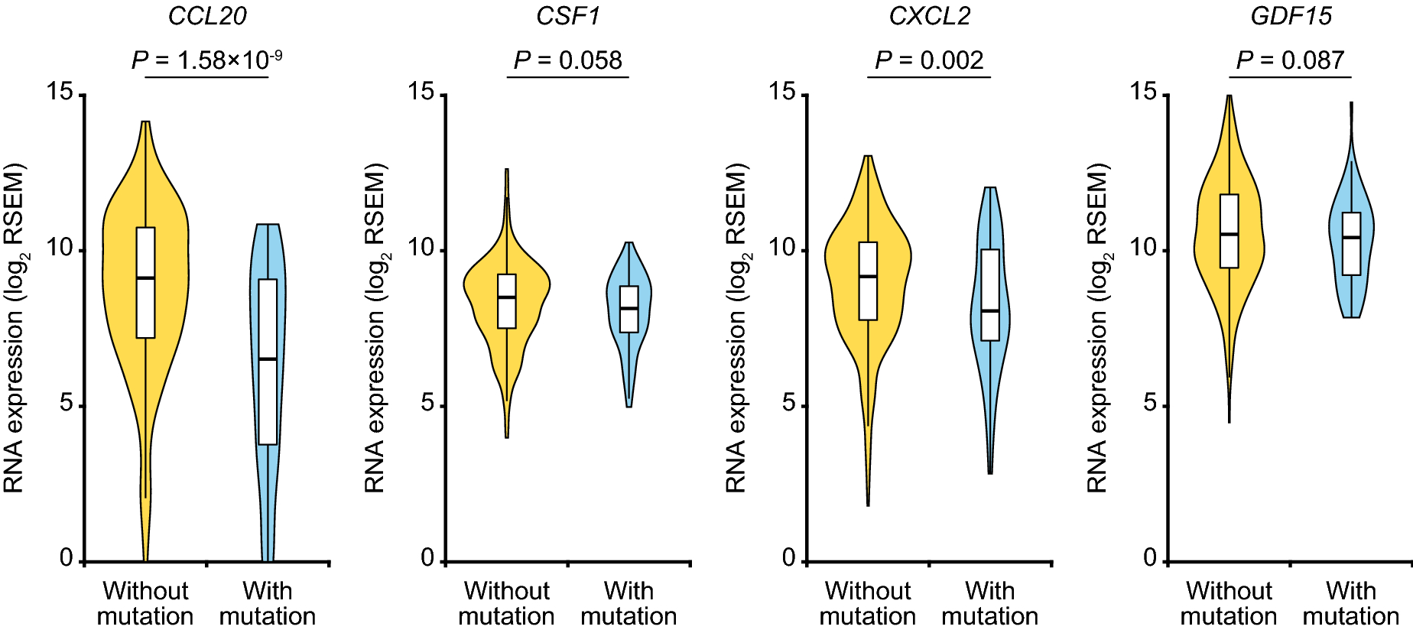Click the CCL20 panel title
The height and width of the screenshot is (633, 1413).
tap(207, 16)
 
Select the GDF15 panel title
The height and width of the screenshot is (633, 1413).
tap(1291, 16)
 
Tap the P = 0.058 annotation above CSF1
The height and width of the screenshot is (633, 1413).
tap(567, 60)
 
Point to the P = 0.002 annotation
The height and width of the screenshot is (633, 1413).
tap(929, 60)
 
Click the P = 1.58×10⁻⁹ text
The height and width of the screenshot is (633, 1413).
tap(206, 60)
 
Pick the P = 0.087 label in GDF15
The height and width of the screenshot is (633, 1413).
tap(1290, 60)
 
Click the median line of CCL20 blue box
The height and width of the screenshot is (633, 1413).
tap(268, 359)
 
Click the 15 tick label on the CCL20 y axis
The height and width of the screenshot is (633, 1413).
tap(60, 93)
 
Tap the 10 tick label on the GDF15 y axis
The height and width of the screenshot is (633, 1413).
tap(1143, 248)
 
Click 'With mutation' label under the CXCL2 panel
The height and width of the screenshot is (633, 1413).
tap(989, 603)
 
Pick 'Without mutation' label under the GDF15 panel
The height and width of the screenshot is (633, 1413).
tap(1229, 603)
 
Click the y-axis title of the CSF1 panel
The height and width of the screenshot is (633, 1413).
tap(375, 327)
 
